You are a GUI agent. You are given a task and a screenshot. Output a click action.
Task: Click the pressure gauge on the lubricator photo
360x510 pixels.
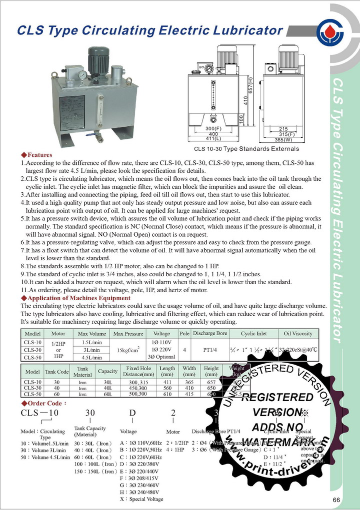pyautogui.click(x=81, y=75)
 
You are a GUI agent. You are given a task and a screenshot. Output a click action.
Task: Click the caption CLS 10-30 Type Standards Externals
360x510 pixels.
pyautogui.click(x=246, y=148)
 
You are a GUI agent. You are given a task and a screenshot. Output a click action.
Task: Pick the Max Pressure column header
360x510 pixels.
pyautogui.click(x=128, y=334)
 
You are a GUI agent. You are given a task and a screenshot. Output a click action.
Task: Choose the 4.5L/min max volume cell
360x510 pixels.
pyautogui.click(x=91, y=357)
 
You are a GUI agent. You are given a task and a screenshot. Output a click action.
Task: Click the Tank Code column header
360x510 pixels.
pyautogui.click(x=56, y=372)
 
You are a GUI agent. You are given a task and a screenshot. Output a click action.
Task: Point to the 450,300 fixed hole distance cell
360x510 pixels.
pyautogui.click(x=137, y=388)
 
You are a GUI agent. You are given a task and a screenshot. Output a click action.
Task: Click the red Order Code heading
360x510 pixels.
pyautogui.click(x=44, y=403)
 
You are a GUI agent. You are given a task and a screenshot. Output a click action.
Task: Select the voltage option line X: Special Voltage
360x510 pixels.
pyautogui.click(x=141, y=499)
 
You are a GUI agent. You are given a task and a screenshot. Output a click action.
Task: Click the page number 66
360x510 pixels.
pyautogui.click(x=336, y=500)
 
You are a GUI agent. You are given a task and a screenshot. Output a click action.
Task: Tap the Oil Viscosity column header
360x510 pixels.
pyautogui.click(x=298, y=334)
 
